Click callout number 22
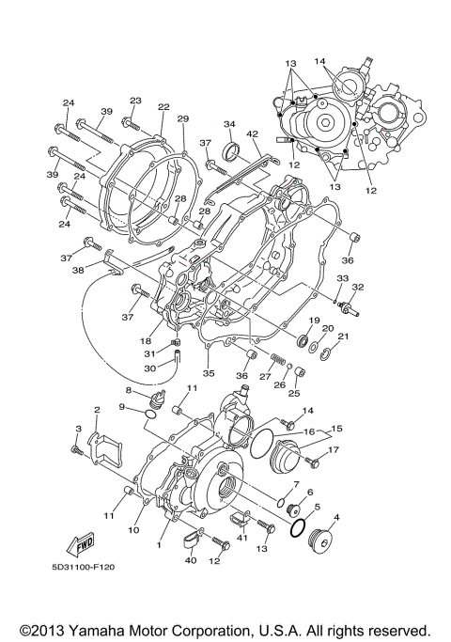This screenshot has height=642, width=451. pyautogui.click(x=163, y=107)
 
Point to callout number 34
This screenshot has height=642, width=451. pyautogui.click(x=227, y=123)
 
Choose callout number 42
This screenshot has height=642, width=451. pyautogui.click(x=252, y=134)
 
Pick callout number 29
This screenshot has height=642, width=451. pyautogui.click(x=182, y=118)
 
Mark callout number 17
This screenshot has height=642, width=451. pyautogui.click(x=333, y=449)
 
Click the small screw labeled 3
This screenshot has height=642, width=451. pyautogui.click(x=77, y=452)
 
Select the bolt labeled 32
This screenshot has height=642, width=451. pyautogui.click(x=350, y=307)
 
